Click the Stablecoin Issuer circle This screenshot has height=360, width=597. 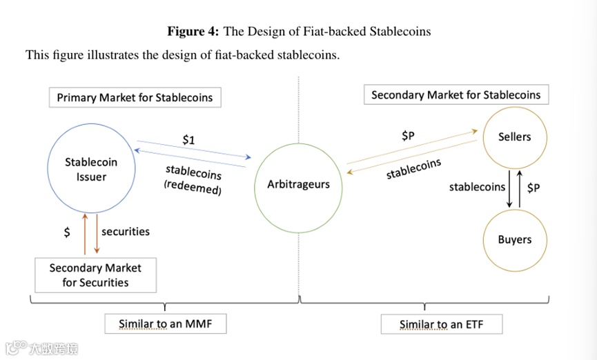tap(91, 170)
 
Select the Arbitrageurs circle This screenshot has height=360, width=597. tap(298, 184)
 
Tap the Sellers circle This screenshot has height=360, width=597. tap(514, 137)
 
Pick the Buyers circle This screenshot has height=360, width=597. tap(514, 240)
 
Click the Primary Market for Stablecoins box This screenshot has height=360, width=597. tap(135, 97)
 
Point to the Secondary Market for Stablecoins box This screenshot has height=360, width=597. tap(456, 94)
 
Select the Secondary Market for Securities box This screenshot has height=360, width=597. tap(95, 274)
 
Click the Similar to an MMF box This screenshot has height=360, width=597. tap(165, 323)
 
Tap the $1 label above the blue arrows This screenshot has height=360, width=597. tap(188, 140)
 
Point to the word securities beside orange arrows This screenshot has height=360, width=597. tap(126, 232)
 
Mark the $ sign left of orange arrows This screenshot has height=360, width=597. tap(67, 232)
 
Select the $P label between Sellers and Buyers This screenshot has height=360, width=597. tap(533, 187)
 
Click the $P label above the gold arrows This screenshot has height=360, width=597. tap(409, 136)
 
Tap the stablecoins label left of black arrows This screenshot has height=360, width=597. tap(477, 187)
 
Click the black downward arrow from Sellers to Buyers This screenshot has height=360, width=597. tap(509, 187)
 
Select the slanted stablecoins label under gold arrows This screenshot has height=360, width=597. tap(413, 168)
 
